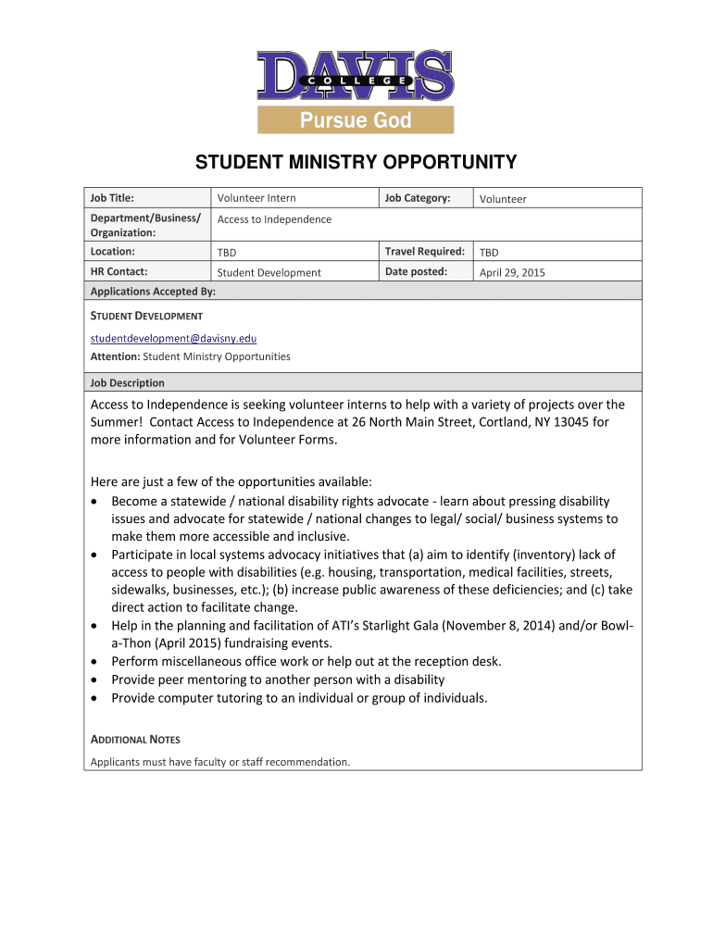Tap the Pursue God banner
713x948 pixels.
click(x=356, y=120)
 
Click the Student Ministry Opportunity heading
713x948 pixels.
click(x=356, y=164)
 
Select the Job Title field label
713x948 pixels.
click(x=112, y=198)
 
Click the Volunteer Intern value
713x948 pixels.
click(x=256, y=198)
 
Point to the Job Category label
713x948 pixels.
click(x=418, y=198)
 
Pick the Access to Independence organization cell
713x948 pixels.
click(x=274, y=219)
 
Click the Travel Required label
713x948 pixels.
click(x=424, y=252)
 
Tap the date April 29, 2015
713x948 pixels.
click(x=511, y=273)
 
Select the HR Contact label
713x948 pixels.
click(x=119, y=272)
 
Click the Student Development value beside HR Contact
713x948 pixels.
click(x=269, y=273)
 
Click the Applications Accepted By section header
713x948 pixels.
click(x=153, y=292)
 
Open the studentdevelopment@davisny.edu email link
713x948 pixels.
click(x=173, y=339)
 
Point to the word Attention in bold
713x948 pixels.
click(x=115, y=356)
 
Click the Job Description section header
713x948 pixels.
click(x=127, y=382)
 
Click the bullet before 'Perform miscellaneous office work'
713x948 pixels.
click(x=98, y=662)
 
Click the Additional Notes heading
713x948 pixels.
click(x=135, y=740)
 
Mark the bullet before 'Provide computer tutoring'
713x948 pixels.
click(x=98, y=698)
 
